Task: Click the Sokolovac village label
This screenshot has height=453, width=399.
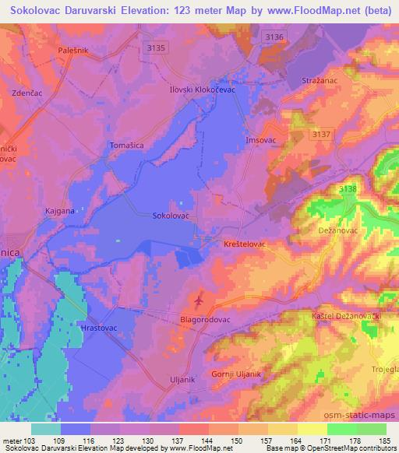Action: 171,215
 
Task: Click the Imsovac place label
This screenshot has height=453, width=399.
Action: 261,140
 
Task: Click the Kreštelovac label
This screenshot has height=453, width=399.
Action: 245,244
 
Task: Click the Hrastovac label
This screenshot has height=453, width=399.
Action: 99,329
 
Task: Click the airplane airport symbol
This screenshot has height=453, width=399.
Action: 199,300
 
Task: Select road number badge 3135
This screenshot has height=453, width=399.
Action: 157,48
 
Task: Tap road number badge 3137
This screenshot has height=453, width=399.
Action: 320,134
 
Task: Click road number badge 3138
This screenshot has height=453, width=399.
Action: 348,189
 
